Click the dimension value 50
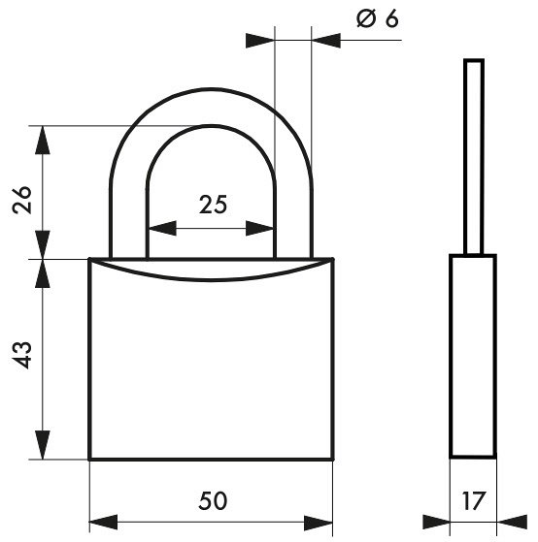[x=213, y=501]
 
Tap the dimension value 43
[x=22, y=355]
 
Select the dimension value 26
[x=22, y=200]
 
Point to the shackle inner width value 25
[x=214, y=205]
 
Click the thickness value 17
[x=474, y=501]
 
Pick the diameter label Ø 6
[x=378, y=18]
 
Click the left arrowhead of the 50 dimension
[x=104, y=522]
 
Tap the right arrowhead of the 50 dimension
[x=319, y=522]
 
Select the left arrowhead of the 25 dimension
[x=162, y=228]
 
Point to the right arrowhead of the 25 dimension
[x=260, y=228]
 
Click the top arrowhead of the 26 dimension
[x=43, y=140]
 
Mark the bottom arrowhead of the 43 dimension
[x=43, y=445]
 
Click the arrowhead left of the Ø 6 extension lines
[x=260, y=41]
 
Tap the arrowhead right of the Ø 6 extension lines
[x=325, y=41]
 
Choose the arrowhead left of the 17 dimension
[x=436, y=522]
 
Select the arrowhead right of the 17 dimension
[x=512, y=522]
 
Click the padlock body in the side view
[x=473, y=356]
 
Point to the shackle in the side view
[x=474, y=157]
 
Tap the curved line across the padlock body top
[x=211, y=279]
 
